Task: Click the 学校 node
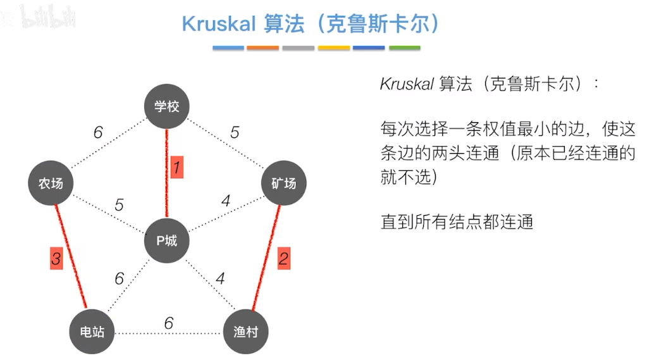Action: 166,106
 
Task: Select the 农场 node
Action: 51,183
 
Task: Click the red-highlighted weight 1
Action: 177,167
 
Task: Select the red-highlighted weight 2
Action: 283,258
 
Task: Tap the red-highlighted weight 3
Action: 56,258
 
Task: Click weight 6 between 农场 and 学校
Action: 97,132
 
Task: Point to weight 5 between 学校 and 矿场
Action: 235,132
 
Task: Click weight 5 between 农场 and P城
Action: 118,205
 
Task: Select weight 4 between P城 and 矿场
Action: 226,201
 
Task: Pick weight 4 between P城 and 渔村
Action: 220,278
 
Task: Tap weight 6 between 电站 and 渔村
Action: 168,323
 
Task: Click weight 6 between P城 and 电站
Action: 119,278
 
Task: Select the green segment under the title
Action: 404,47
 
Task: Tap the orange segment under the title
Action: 263,47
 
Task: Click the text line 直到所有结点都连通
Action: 457,221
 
